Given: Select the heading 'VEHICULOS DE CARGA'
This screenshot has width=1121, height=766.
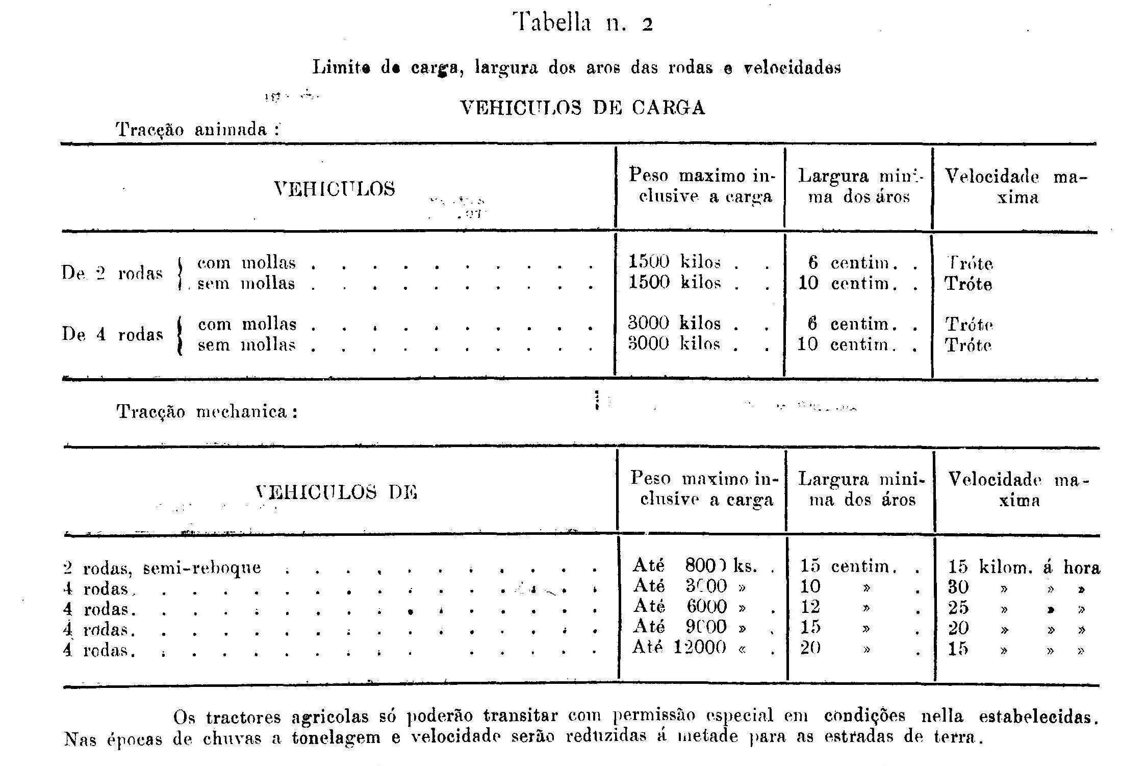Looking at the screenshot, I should point(582,108).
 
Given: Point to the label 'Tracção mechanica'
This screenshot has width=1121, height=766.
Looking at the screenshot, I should point(207,411).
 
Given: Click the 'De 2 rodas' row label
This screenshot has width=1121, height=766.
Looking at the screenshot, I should point(112,274).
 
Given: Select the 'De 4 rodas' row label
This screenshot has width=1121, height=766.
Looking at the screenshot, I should point(112,334).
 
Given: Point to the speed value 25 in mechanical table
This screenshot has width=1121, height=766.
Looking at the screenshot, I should point(958,608).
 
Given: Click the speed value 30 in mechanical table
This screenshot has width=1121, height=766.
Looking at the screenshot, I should point(958,587).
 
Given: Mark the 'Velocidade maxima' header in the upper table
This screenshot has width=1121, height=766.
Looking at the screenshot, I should point(1016,187).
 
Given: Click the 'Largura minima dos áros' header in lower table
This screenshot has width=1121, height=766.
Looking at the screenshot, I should point(861,489).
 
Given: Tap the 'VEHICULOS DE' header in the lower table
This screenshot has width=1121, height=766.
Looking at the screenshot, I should point(337,492).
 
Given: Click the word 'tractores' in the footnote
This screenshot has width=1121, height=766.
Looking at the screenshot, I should point(244,718).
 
